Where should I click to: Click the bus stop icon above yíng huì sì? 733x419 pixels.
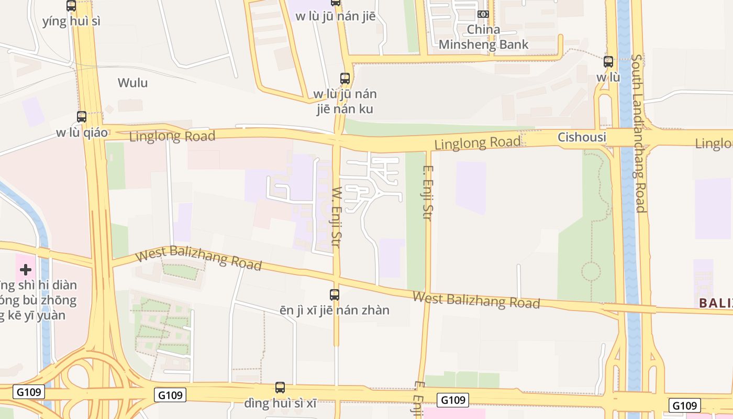(x=71, y=6)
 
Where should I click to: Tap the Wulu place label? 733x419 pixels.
(x=132, y=83)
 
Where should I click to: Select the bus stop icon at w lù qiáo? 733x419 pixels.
(x=82, y=117)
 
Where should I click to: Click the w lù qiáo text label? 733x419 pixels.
(x=82, y=133)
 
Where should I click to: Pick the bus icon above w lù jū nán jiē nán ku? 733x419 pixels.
(x=345, y=79)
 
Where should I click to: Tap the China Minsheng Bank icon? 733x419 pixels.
(x=483, y=14)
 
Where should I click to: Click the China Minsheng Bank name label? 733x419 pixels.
(x=483, y=37)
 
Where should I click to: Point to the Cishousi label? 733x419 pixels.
(x=582, y=137)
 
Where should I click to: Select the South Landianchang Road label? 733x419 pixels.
(x=639, y=134)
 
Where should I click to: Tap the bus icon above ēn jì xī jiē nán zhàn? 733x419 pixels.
(x=335, y=295)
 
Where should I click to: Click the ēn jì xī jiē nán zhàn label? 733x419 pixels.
(x=335, y=310)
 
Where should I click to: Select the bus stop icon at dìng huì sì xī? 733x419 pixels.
(x=280, y=388)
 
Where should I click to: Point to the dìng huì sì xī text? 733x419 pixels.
(x=280, y=404)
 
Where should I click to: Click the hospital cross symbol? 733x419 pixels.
(x=26, y=270)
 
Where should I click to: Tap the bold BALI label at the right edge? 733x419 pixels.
(x=716, y=303)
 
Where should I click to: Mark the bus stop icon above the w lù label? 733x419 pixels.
(x=608, y=62)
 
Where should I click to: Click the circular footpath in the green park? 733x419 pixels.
(x=591, y=271)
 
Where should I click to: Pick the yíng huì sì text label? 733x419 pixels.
(x=71, y=21)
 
